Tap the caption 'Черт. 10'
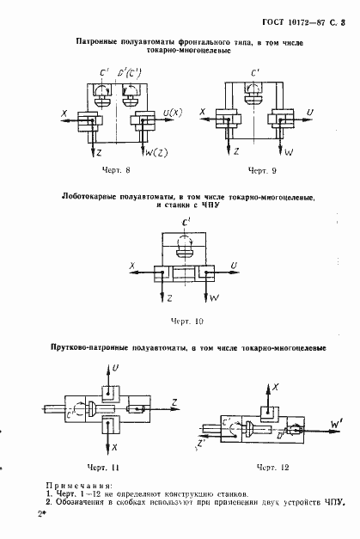tap(185, 320)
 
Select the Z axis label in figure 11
tap(174, 401)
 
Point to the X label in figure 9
tap(203, 112)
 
